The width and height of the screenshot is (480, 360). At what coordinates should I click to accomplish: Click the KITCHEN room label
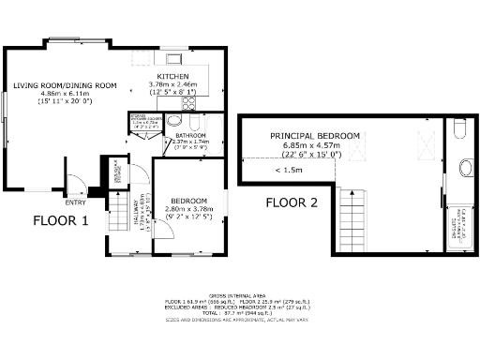tap(173, 76)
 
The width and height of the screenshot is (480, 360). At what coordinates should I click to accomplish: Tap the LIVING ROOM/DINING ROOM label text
tap(65, 85)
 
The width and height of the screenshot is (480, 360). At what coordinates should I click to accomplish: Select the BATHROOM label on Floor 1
tap(190, 135)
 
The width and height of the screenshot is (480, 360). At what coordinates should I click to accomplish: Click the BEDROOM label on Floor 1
tap(188, 200)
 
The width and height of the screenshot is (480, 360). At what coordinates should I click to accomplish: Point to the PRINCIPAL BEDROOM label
tap(315, 136)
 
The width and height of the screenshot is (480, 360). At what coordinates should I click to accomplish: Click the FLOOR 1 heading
tap(61, 222)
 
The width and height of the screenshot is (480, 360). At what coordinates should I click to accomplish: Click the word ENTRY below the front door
tap(74, 202)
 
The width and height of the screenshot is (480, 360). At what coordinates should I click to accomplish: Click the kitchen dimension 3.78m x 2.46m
tap(173, 84)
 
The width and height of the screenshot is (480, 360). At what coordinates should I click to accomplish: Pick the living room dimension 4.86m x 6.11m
tap(65, 94)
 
